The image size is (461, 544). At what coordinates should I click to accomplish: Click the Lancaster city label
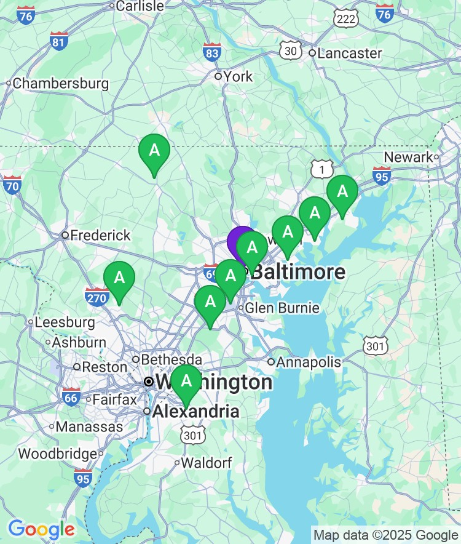point(350,54)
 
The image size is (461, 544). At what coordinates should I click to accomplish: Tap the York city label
point(238,76)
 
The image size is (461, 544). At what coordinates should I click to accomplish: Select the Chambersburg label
point(60,83)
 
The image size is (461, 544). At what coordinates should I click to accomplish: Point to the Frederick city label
point(100,235)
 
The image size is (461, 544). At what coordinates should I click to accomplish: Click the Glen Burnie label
point(283,308)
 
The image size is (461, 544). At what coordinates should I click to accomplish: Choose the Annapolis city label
point(309,362)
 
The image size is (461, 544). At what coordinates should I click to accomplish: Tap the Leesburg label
point(65,322)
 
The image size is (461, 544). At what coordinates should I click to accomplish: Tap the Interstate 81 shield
point(59,41)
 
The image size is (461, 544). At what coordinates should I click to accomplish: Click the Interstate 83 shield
point(212,52)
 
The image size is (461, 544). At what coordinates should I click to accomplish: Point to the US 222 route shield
point(347,18)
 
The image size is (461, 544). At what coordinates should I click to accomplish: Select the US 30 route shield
point(290,50)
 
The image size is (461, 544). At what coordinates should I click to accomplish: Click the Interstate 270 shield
point(97,296)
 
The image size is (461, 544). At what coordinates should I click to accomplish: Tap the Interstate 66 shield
point(71,397)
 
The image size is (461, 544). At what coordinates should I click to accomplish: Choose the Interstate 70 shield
point(12,184)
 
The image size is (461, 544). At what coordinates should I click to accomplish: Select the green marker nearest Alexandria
point(186,382)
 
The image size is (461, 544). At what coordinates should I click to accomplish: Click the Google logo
point(41,529)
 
